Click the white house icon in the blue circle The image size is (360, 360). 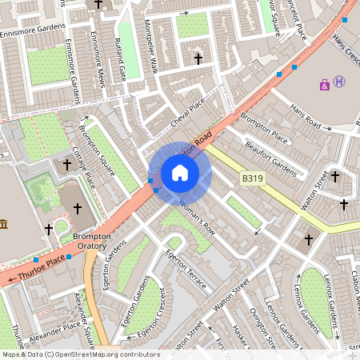(180, 173)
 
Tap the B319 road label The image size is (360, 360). (254, 181)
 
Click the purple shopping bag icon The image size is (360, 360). (324, 83)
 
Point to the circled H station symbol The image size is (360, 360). (340, 81)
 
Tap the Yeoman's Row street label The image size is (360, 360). (198, 216)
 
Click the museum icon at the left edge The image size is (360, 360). (4, 223)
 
